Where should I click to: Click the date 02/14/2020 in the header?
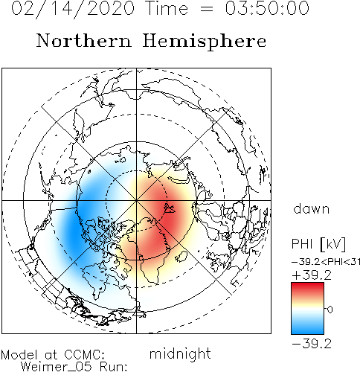pos(73,9)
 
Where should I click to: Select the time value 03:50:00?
pos(267,8)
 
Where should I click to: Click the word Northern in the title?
pos(84,40)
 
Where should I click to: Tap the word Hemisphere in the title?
pos(205,42)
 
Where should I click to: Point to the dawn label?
pos(312,208)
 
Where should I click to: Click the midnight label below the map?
pos(180,353)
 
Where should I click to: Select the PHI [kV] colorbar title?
pos(318,244)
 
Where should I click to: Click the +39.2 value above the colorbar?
pos(312,275)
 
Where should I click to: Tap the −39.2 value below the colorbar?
pos(312,344)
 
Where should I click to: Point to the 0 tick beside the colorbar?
pos(330,310)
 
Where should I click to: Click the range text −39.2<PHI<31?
pos(326,262)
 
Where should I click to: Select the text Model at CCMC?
pos(53,355)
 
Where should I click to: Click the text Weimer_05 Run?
pos(74,367)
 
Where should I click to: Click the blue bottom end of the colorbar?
pos(307,331)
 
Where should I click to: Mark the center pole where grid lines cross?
pos(136,200)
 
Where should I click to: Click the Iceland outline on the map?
pos(181,256)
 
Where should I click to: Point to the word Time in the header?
pos(167,8)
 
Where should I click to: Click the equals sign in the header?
pos(206,10)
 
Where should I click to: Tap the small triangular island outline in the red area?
pos(170,208)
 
